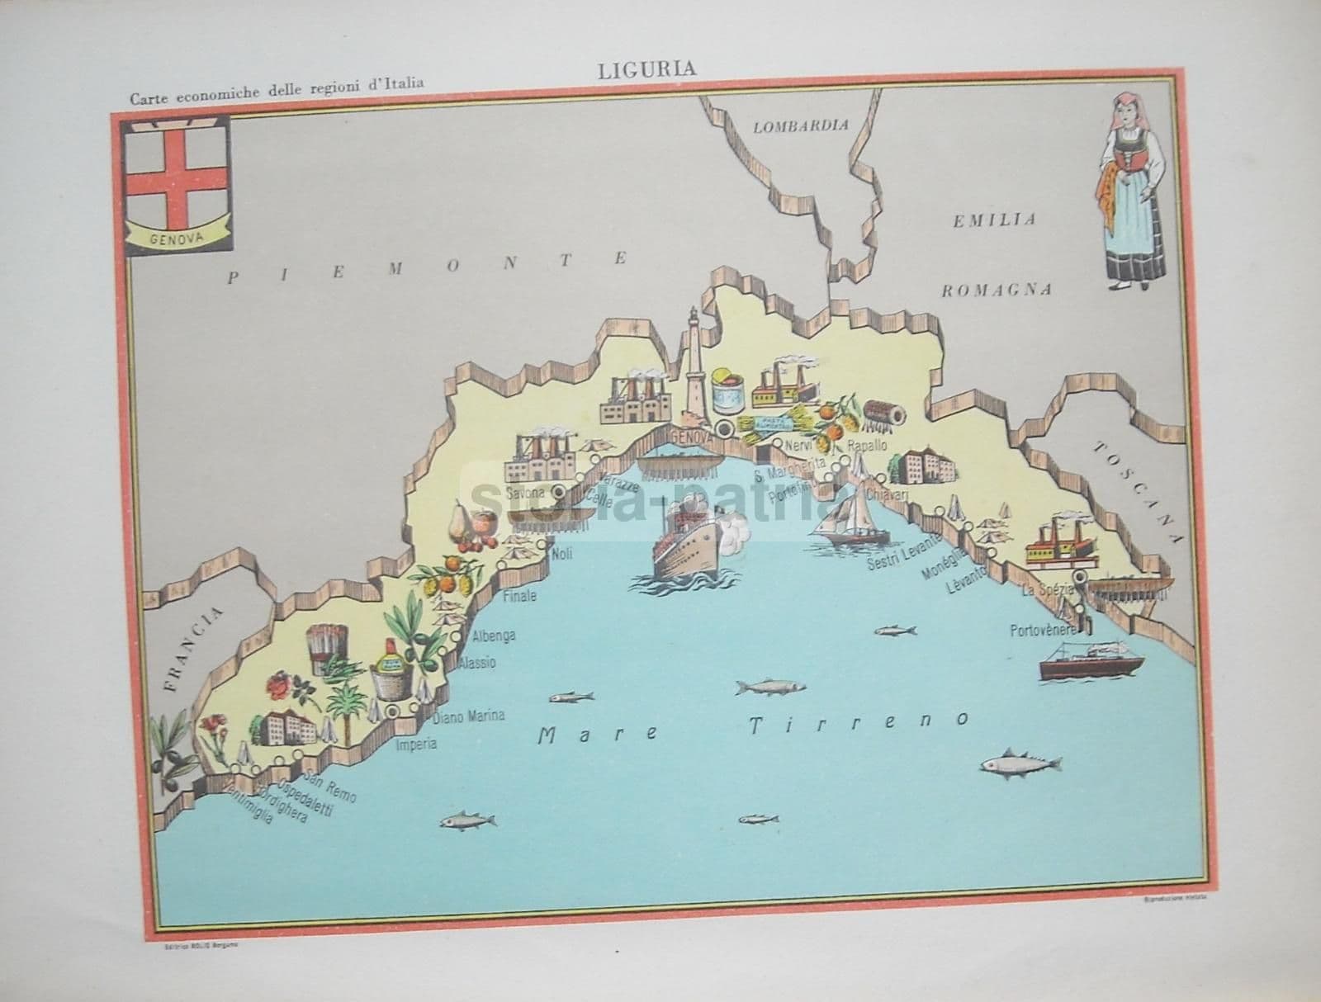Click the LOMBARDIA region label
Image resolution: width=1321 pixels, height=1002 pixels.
point(801,125)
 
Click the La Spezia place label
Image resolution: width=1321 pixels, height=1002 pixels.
point(1048,589)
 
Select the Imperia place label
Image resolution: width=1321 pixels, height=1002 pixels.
point(415,744)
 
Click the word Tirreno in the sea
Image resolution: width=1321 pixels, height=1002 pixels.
point(859,724)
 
